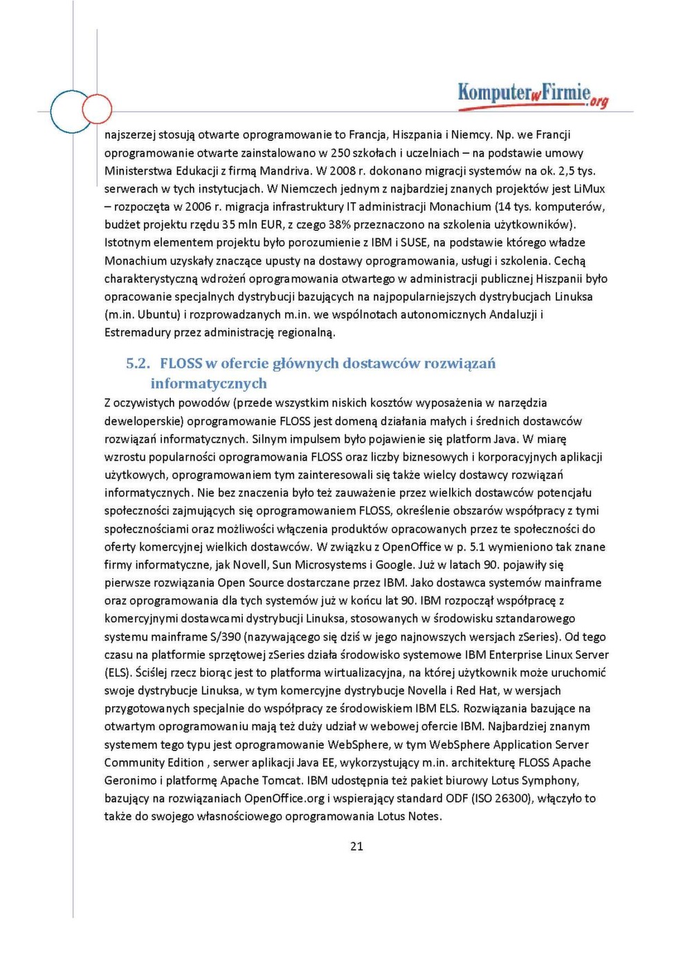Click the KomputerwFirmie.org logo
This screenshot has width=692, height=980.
[x=532, y=94]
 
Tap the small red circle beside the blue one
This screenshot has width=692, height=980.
[x=97, y=109]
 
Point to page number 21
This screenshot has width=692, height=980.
[x=356, y=846]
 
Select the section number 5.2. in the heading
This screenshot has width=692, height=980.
[x=138, y=364]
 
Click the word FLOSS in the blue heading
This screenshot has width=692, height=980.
[x=181, y=364]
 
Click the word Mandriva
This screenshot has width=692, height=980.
[x=284, y=171]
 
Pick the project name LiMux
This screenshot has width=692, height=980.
[x=590, y=189]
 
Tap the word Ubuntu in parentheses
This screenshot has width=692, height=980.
[x=155, y=314]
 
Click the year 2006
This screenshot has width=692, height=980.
[x=198, y=207]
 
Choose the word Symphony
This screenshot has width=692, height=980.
[x=551, y=781]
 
